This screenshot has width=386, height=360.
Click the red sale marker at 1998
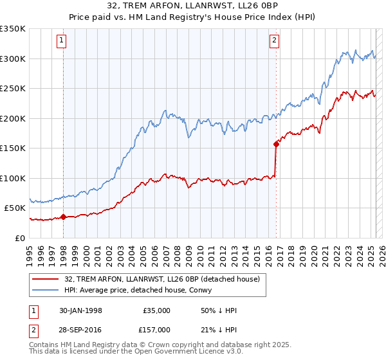pos(64,217)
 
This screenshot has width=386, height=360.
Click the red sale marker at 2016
pos(276,144)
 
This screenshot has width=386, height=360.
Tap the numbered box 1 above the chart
pos(61,40)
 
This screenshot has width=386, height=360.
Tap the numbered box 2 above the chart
pos(274,40)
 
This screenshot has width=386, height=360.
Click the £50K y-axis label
pos(15,208)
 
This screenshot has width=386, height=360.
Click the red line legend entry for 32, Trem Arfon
pos(161,279)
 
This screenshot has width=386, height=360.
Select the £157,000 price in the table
pos(157,330)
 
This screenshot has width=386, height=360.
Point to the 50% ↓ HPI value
pos(219,310)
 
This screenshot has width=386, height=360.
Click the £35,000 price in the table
pos(157,310)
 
